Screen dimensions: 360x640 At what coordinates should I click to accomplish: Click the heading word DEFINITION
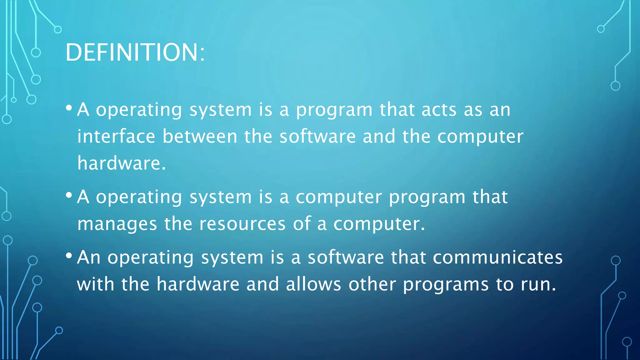(x=131, y=52)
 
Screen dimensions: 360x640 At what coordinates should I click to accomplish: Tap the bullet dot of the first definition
(x=69, y=108)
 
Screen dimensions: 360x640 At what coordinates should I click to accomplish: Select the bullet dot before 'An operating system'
(x=69, y=256)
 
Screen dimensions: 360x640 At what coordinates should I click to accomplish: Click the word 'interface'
(x=116, y=137)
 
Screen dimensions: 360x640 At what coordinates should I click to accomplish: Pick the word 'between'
(x=200, y=137)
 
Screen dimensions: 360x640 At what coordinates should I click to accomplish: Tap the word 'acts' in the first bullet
(x=439, y=110)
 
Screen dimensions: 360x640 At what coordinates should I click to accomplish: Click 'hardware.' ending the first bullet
(x=121, y=163)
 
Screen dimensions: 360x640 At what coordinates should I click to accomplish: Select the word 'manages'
(x=117, y=224)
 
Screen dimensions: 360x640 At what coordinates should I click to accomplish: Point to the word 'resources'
(x=242, y=224)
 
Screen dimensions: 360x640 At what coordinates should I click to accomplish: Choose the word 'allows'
(x=313, y=284)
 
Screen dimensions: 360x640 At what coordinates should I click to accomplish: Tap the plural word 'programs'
(x=446, y=285)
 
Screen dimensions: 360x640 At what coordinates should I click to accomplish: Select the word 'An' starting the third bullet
(x=89, y=257)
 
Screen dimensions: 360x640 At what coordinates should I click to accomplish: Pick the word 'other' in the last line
(x=372, y=284)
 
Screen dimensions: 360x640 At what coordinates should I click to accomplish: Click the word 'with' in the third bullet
(x=96, y=284)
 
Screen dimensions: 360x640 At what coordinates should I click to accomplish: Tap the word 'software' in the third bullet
(x=346, y=257)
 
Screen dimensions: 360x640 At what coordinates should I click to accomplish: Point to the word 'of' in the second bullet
(x=302, y=224)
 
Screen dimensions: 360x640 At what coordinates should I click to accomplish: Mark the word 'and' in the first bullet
(x=379, y=137)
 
